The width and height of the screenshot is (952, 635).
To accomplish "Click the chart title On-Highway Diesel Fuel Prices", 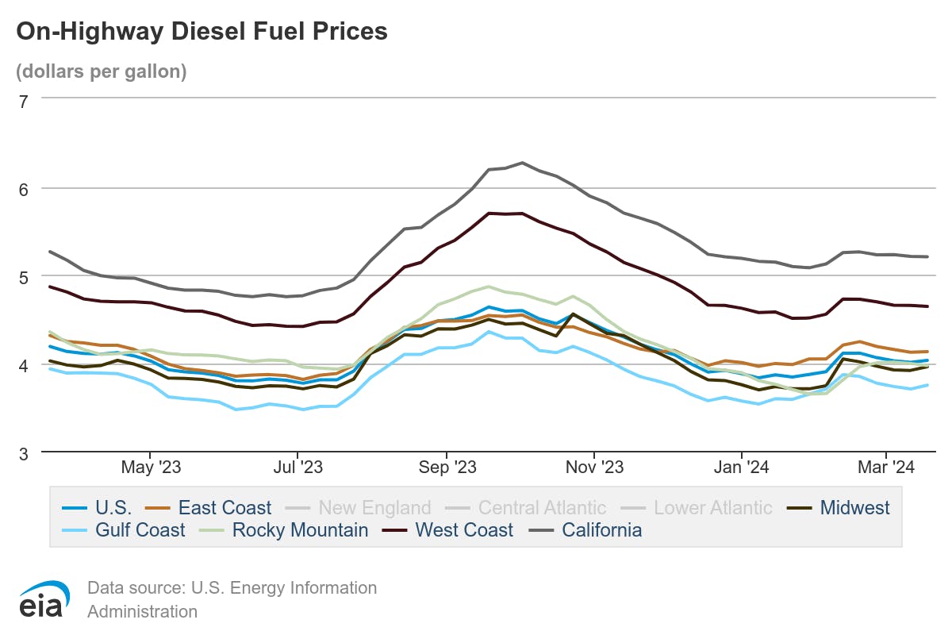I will tap(202, 32).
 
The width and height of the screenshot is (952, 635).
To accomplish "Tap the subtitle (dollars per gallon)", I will tap(101, 71).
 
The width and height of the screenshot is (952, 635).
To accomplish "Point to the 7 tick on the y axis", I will tap(23, 100).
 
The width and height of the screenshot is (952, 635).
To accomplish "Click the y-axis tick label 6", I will tap(23, 189).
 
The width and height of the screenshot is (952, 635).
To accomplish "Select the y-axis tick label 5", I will tap(23, 277).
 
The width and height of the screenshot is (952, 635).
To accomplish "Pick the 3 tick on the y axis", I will tap(23, 453).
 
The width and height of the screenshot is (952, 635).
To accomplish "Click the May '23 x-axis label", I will tap(151, 468).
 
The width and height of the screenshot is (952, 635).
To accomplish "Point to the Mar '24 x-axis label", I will tap(887, 468).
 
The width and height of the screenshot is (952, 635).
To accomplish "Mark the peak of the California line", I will tap(522, 163).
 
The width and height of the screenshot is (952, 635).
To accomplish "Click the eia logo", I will tap(44, 599).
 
